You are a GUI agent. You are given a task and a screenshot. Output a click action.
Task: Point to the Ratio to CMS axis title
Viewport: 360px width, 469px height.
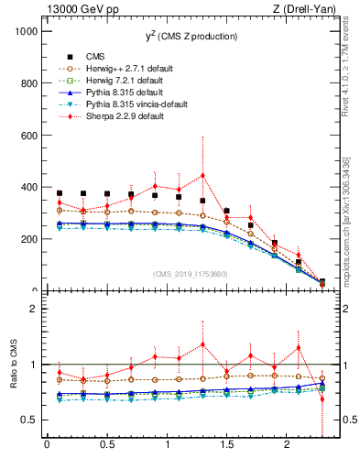(x=12, y=365)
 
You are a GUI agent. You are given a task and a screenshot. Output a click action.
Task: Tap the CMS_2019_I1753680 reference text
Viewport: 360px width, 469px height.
(x=190, y=273)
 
